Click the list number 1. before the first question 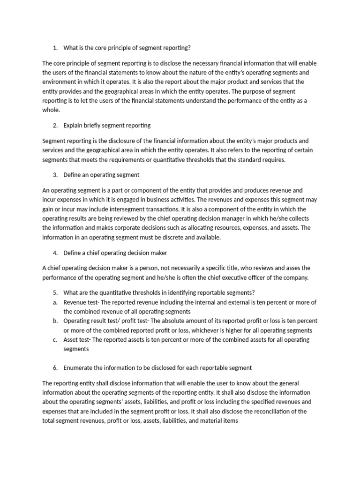click(x=55, y=47)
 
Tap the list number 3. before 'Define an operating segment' click(x=55, y=175)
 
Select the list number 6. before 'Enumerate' click(x=55, y=367)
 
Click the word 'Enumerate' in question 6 click(x=78, y=367)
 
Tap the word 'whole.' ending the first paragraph click(x=51, y=110)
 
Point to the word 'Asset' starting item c click(x=71, y=339)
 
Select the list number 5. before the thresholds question click(x=55, y=292)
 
